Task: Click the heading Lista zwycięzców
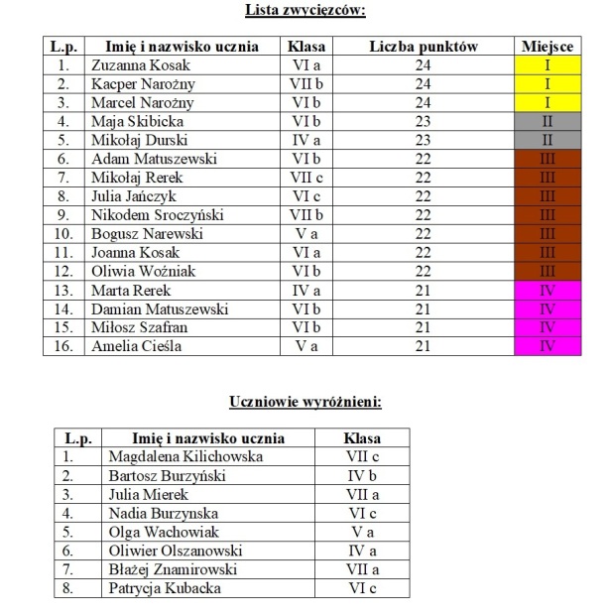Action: [304, 11]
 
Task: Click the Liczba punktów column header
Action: [424, 47]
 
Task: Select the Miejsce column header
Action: [547, 47]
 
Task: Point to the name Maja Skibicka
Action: [130, 122]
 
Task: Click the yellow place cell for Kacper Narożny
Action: [547, 84]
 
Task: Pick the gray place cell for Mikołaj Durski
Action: [547, 141]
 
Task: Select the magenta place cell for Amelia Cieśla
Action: [547, 347]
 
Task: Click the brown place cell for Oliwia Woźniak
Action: [547, 272]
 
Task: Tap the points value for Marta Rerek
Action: [424, 291]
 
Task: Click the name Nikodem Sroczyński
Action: [150, 215]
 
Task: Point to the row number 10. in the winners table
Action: [63, 234]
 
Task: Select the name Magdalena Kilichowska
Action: [185, 457]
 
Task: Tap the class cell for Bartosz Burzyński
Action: [362, 476]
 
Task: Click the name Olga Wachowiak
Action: [159, 533]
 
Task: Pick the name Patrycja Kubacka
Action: [165, 589]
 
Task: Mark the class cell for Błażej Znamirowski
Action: [362, 570]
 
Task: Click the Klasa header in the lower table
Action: [362, 438]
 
